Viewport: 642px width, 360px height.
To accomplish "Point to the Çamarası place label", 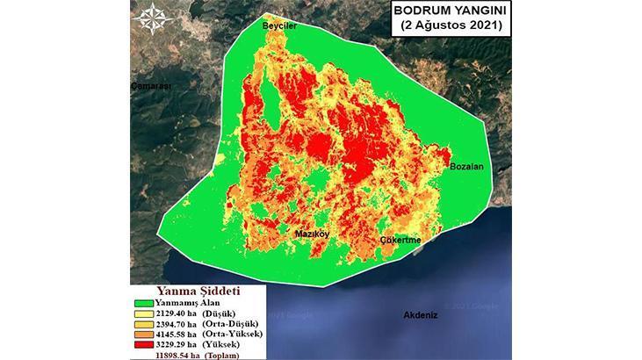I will pos(149,86).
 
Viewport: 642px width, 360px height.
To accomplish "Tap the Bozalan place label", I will pos(467,166).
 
